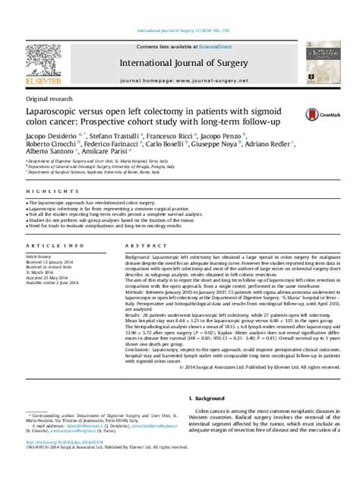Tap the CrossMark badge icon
click(x=321, y=114)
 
